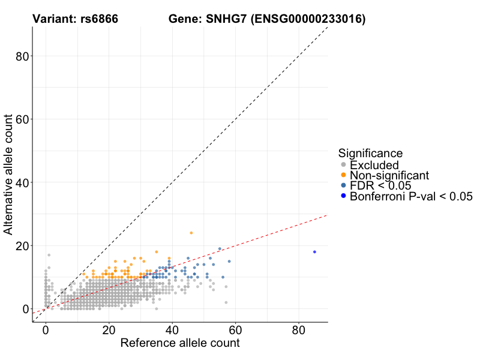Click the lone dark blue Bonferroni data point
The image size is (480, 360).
click(x=314, y=252)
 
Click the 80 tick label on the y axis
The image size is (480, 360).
click(x=22, y=56)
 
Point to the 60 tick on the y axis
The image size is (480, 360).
click(x=22, y=119)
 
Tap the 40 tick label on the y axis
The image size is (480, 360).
click(x=22, y=182)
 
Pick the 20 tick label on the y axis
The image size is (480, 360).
click(x=22, y=245)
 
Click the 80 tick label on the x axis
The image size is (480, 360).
click(x=298, y=331)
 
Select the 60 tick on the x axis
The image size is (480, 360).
click(x=235, y=331)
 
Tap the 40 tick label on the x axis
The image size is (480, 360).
click(x=172, y=331)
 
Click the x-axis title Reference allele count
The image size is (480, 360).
click(x=180, y=344)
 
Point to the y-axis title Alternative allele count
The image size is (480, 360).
click(x=8, y=174)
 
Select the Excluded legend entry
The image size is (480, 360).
click(x=374, y=165)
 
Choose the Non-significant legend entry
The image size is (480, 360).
click(x=389, y=175)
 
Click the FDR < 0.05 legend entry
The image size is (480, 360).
click(x=380, y=185)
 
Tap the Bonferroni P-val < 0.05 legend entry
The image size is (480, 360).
click(x=412, y=196)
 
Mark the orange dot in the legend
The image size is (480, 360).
click(x=343, y=175)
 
